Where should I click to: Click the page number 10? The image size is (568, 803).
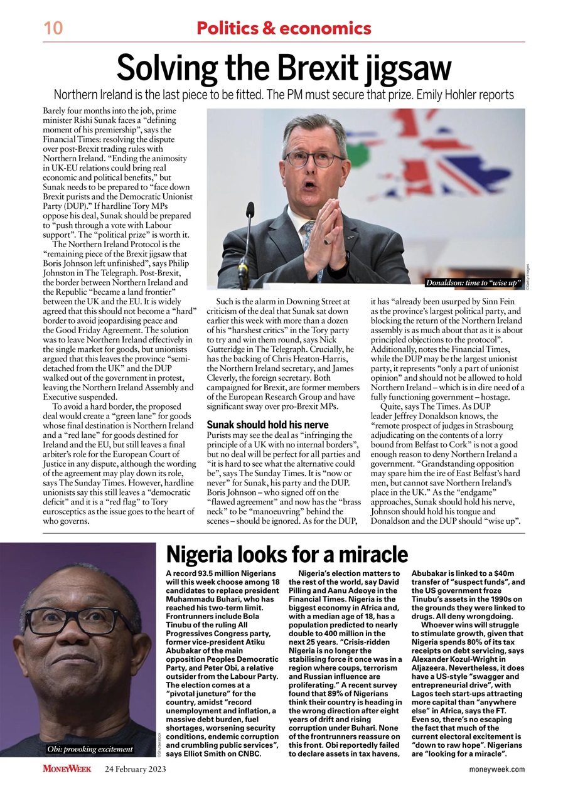pyautogui.click(x=51, y=28)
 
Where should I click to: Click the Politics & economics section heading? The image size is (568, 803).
pyautogui.click(x=284, y=28)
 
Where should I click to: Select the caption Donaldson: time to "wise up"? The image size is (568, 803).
pyautogui.click(x=474, y=283)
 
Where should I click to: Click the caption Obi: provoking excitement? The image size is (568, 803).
pyautogui.click(x=90, y=748)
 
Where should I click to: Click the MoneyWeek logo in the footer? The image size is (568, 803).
pyautogui.click(x=67, y=768)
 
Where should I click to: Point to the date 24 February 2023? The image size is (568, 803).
pyautogui.click(x=136, y=769)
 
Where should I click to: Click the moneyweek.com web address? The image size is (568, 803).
pyautogui.click(x=497, y=769)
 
